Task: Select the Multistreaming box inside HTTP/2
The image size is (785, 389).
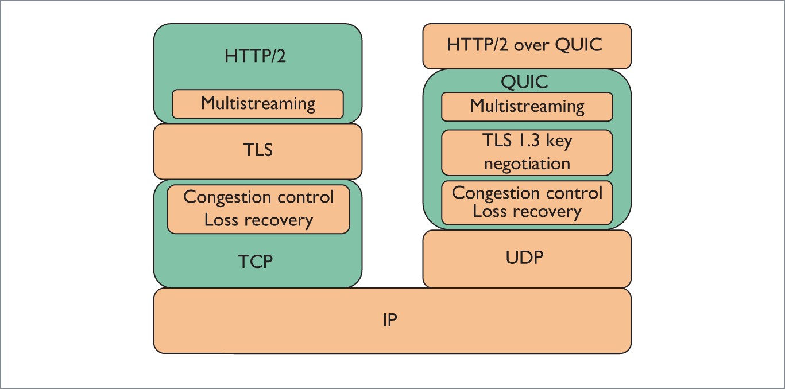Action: tap(258, 104)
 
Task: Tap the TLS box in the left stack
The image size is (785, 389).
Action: tap(258, 150)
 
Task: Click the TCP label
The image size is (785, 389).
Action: tap(256, 262)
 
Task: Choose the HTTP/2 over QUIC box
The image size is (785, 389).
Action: tap(527, 45)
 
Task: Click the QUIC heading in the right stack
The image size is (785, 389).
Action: tap(524, 82)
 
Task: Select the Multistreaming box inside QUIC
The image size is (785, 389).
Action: tap(527, 106)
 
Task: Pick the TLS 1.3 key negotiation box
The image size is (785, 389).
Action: tap(527, 152)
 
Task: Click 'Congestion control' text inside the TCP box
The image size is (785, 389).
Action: tap(258, 197)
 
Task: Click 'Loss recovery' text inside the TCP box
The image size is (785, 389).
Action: tap(258, 220)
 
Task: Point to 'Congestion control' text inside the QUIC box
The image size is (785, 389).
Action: tap(527, 193)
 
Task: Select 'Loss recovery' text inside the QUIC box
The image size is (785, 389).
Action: tap(527, 212)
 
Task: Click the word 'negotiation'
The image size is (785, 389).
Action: tap(527, 164)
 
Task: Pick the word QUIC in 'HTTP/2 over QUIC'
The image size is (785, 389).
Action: tap(577, 45)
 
